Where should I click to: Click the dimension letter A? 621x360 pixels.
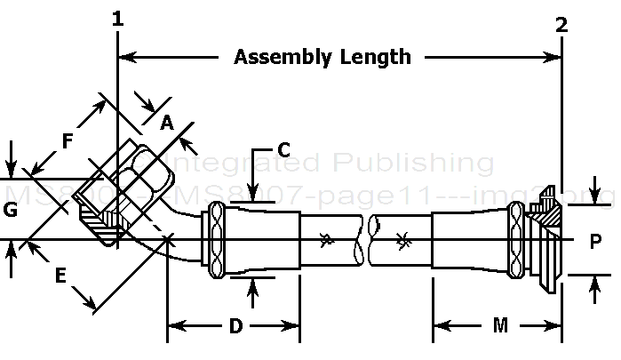pos(166,124)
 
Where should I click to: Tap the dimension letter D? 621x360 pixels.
pos(235,326)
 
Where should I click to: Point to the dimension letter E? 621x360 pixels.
pos(61,276)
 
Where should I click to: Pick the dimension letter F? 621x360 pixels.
pos(68,140)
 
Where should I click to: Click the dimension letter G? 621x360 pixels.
pos(10,211)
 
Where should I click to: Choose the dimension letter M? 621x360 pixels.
pos(500,326)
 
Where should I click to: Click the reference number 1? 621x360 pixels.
pos(117,19)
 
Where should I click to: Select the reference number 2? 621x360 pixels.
pos(561,25)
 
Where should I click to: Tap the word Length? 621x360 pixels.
pos(377,58)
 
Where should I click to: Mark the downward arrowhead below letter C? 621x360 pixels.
pos(253,197)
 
